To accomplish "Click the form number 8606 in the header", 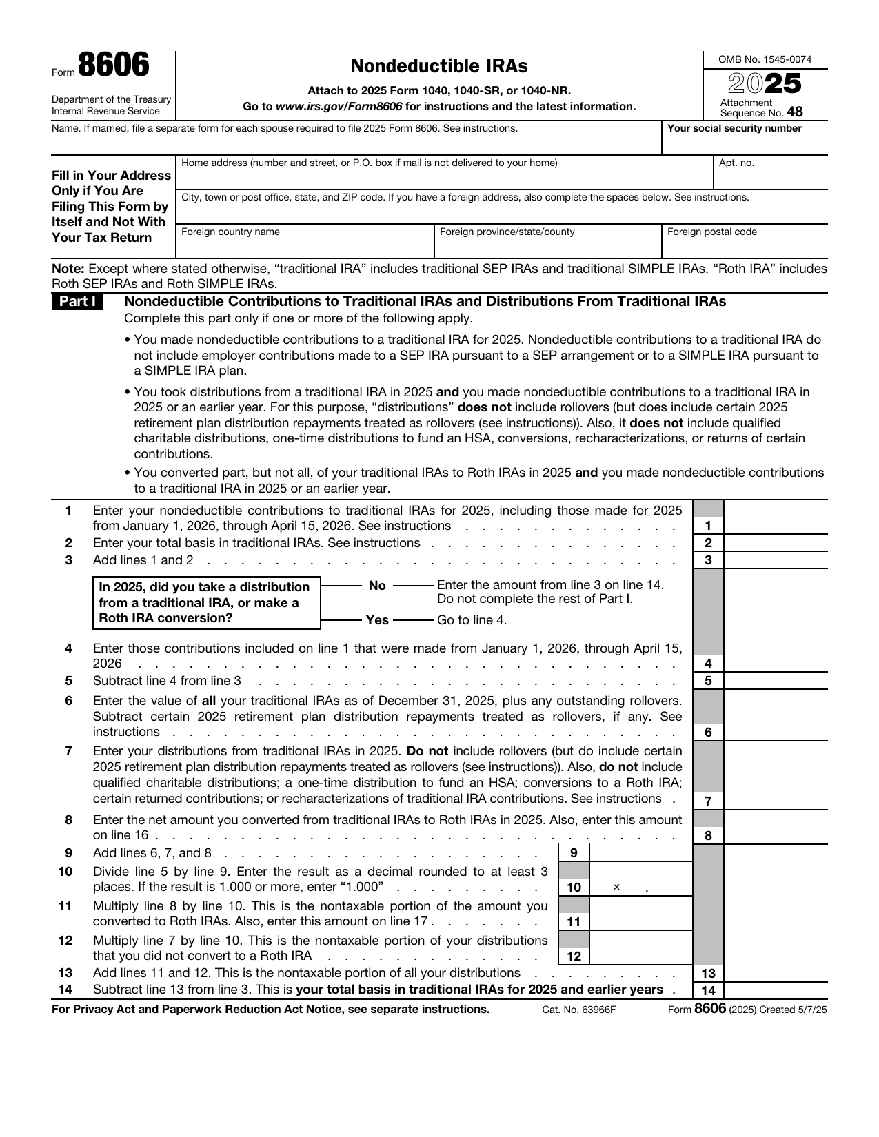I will point(113,66).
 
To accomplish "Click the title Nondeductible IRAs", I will point(439,66).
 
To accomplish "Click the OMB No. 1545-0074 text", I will point(765,59).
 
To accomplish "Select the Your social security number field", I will point(745,143).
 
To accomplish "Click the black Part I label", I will point(77,302).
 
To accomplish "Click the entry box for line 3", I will point(776,560).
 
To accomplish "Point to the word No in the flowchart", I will point(377,586).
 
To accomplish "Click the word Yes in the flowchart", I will point(377,620).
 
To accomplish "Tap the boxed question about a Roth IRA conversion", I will point(206,603).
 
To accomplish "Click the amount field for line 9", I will point(640,853).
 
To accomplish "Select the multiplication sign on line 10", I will point(616,888).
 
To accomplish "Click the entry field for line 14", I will point(776,991).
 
